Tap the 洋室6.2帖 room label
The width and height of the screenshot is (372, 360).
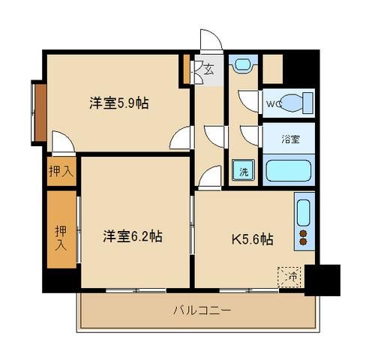(132, 235)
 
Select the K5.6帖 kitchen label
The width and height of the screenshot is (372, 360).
(250, 240)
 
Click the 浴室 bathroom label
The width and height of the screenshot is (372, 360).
(289, 139)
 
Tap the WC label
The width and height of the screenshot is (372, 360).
(271, 104)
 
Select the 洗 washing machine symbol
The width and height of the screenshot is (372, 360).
(244, 170)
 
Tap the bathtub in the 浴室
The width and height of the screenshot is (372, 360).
(289, 169)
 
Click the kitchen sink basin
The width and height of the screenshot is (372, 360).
(304, 212)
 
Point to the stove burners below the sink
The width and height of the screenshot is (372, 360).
(304, 238)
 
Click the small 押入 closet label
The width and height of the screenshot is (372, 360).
(61, 170)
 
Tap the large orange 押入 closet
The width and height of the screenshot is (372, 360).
(61, 232)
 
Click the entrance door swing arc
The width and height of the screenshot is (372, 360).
(211, 41)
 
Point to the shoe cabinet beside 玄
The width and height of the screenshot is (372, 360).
(186, 70)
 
